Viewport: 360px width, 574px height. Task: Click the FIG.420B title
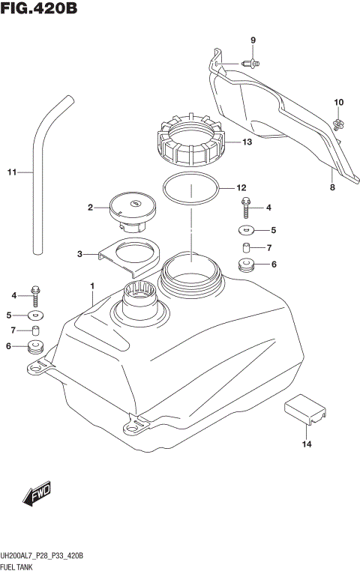tap(40, 10)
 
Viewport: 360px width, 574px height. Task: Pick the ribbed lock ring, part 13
tap(188, 142)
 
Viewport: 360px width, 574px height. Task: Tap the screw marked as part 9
tap(252, 64)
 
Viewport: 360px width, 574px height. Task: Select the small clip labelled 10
tap(338, 119)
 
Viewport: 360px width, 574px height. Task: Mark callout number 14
tap(306, 444)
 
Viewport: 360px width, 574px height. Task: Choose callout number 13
tap(247, 142)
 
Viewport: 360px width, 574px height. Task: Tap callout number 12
tap(241, 188)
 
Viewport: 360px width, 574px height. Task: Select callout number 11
tap(11, 173)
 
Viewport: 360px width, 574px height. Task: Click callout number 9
tap(253, 40)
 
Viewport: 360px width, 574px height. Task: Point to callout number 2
tap(89, 208)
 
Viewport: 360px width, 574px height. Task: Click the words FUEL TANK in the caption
tap(22, 567)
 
